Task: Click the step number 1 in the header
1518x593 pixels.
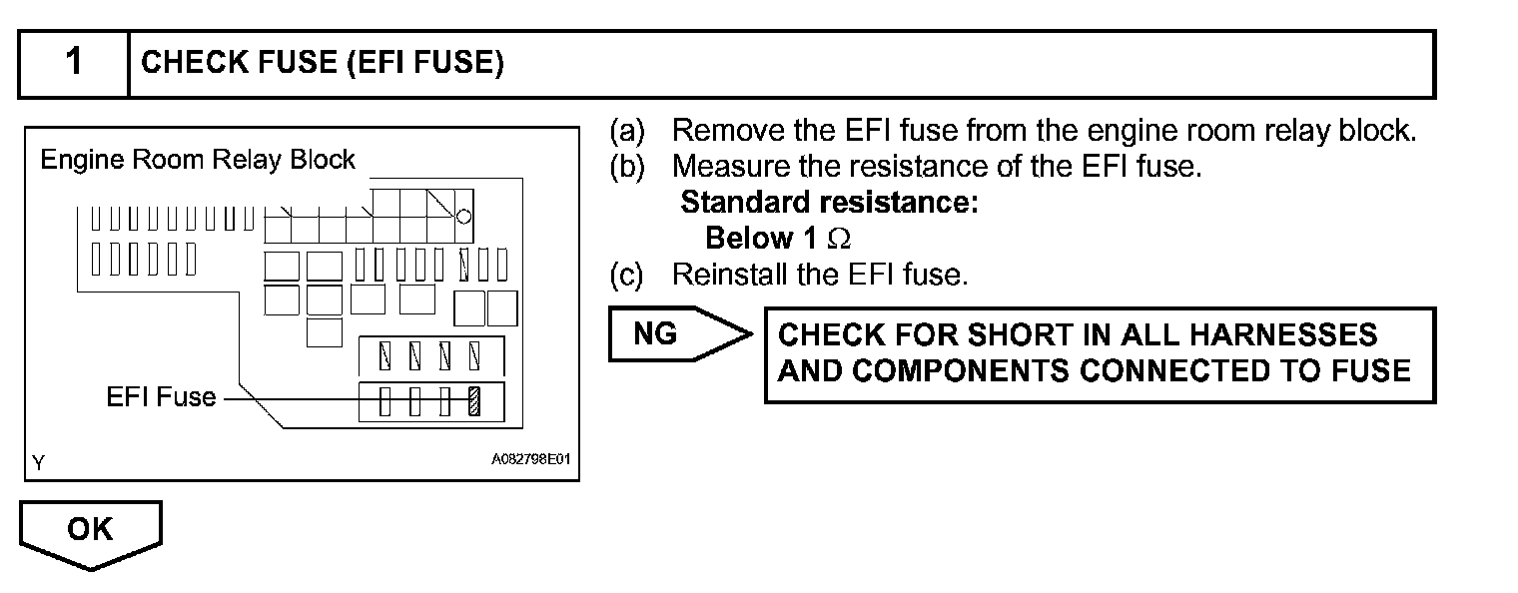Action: tap(74, 63)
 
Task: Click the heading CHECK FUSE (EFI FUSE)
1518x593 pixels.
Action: tap(323, 64)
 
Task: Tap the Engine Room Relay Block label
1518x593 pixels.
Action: tap(197, 160)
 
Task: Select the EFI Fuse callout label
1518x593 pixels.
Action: tap(161, 397)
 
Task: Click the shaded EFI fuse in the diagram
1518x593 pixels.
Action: tap(475, 401)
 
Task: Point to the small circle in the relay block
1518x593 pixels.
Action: tap(464, 216)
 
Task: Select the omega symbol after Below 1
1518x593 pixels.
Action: tap(840, 240)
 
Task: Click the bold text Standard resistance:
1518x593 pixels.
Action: tap(829, 203)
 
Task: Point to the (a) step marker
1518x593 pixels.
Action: tap(626, 131)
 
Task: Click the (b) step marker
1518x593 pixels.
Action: tap(626, 167)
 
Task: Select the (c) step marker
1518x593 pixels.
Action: tap(626, 275)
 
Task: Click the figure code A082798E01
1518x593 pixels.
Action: tap(532, 461)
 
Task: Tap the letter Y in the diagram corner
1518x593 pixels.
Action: tap(38, 462)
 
